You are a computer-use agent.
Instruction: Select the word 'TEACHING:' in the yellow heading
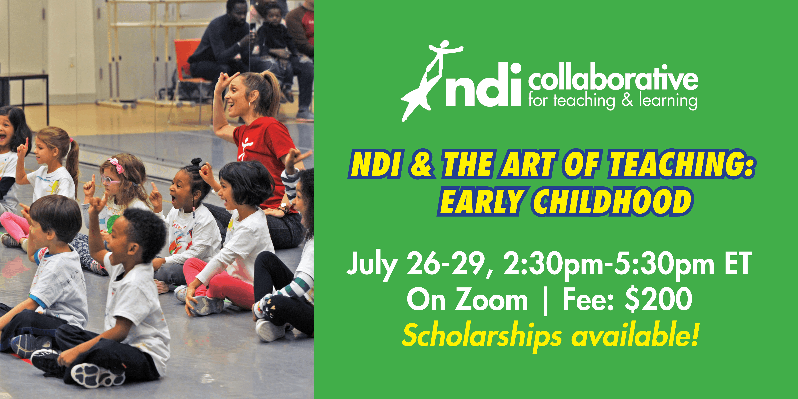[x=681, y=164]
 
